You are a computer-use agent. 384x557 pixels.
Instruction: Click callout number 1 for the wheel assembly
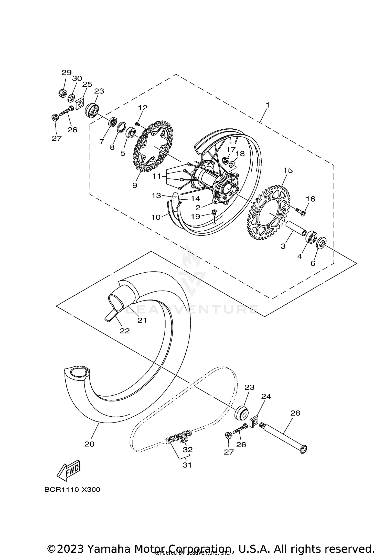tap(268, 105)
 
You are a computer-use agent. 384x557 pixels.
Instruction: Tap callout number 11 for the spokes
tap(156, 176)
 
